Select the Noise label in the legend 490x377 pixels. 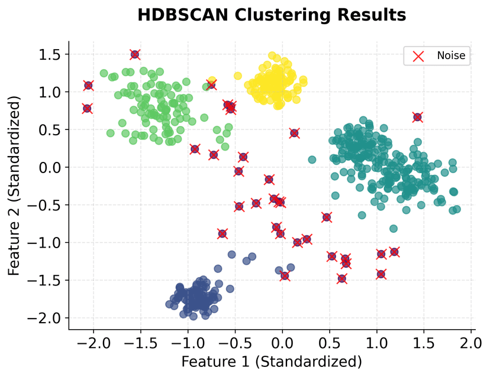452,56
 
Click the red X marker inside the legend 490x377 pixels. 418,56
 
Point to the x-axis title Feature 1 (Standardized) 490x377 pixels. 271,361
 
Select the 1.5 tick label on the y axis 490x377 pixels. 50,54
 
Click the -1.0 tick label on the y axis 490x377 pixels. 46,242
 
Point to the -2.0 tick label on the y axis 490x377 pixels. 46,318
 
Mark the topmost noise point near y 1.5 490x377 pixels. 135,54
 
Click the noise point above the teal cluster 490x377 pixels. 417,117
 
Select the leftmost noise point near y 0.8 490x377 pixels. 87,108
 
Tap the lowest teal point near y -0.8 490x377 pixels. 394,229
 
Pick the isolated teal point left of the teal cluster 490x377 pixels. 312,160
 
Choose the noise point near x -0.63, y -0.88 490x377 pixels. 223,233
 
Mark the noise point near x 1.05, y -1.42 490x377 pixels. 381,274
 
